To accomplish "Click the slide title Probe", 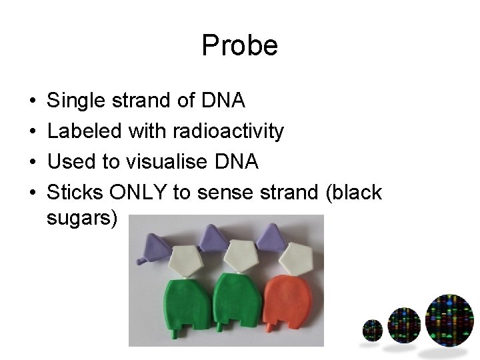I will click(239, 46).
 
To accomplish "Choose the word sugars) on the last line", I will click(81, 218).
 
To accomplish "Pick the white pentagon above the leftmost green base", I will click(188, 259).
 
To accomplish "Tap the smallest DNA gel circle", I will click(372, 330).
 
